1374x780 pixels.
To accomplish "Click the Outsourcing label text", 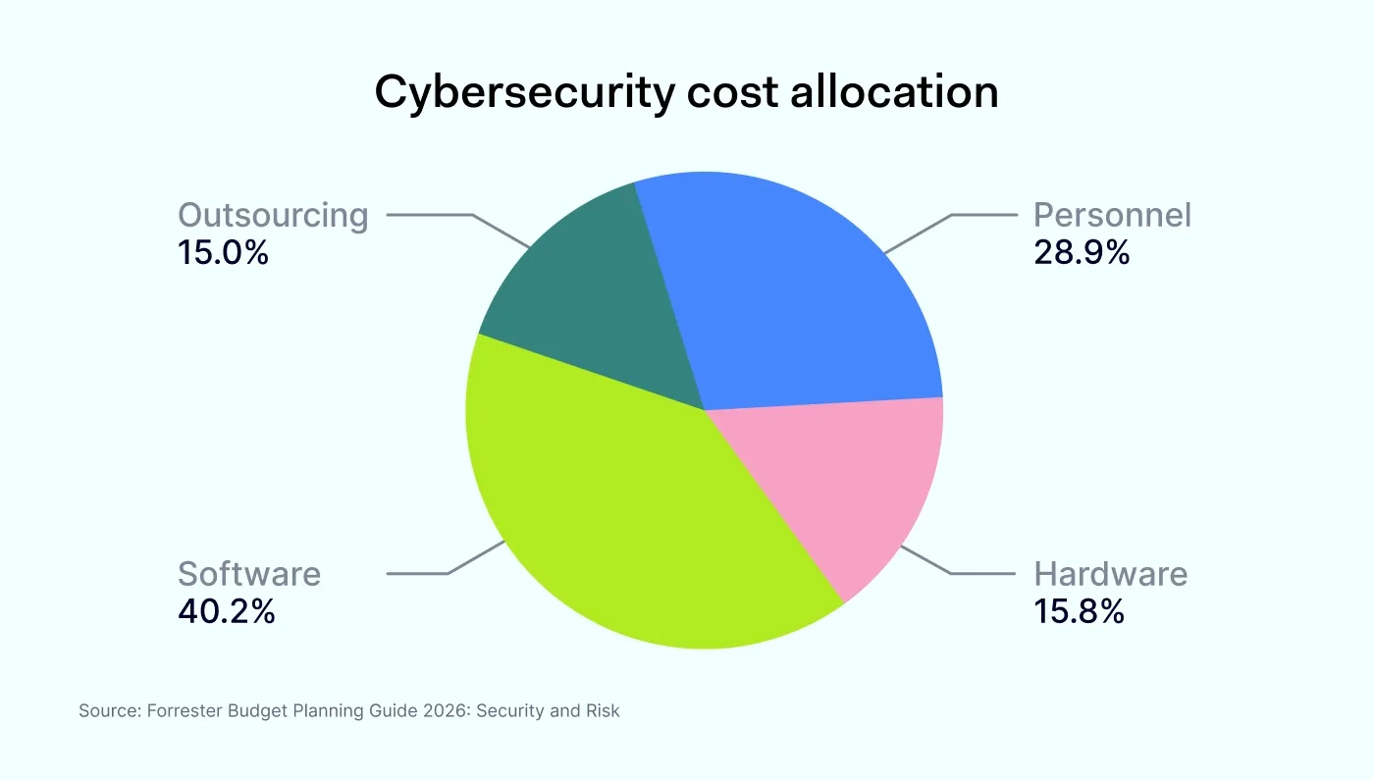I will point(273,215).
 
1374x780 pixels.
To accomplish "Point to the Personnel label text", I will point(1112,215).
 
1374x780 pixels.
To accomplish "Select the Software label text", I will point(249,574).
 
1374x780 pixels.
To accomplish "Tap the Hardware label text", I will point(1111,574).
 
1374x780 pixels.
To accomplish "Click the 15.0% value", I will point(223,253).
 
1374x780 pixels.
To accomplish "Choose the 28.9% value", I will point(1082,253).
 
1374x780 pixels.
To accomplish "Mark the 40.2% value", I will point(227,612).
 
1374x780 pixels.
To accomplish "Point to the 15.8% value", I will point(1079,612).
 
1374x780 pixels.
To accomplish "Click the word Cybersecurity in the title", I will point(524,93).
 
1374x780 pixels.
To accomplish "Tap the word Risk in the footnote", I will point(602,711).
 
